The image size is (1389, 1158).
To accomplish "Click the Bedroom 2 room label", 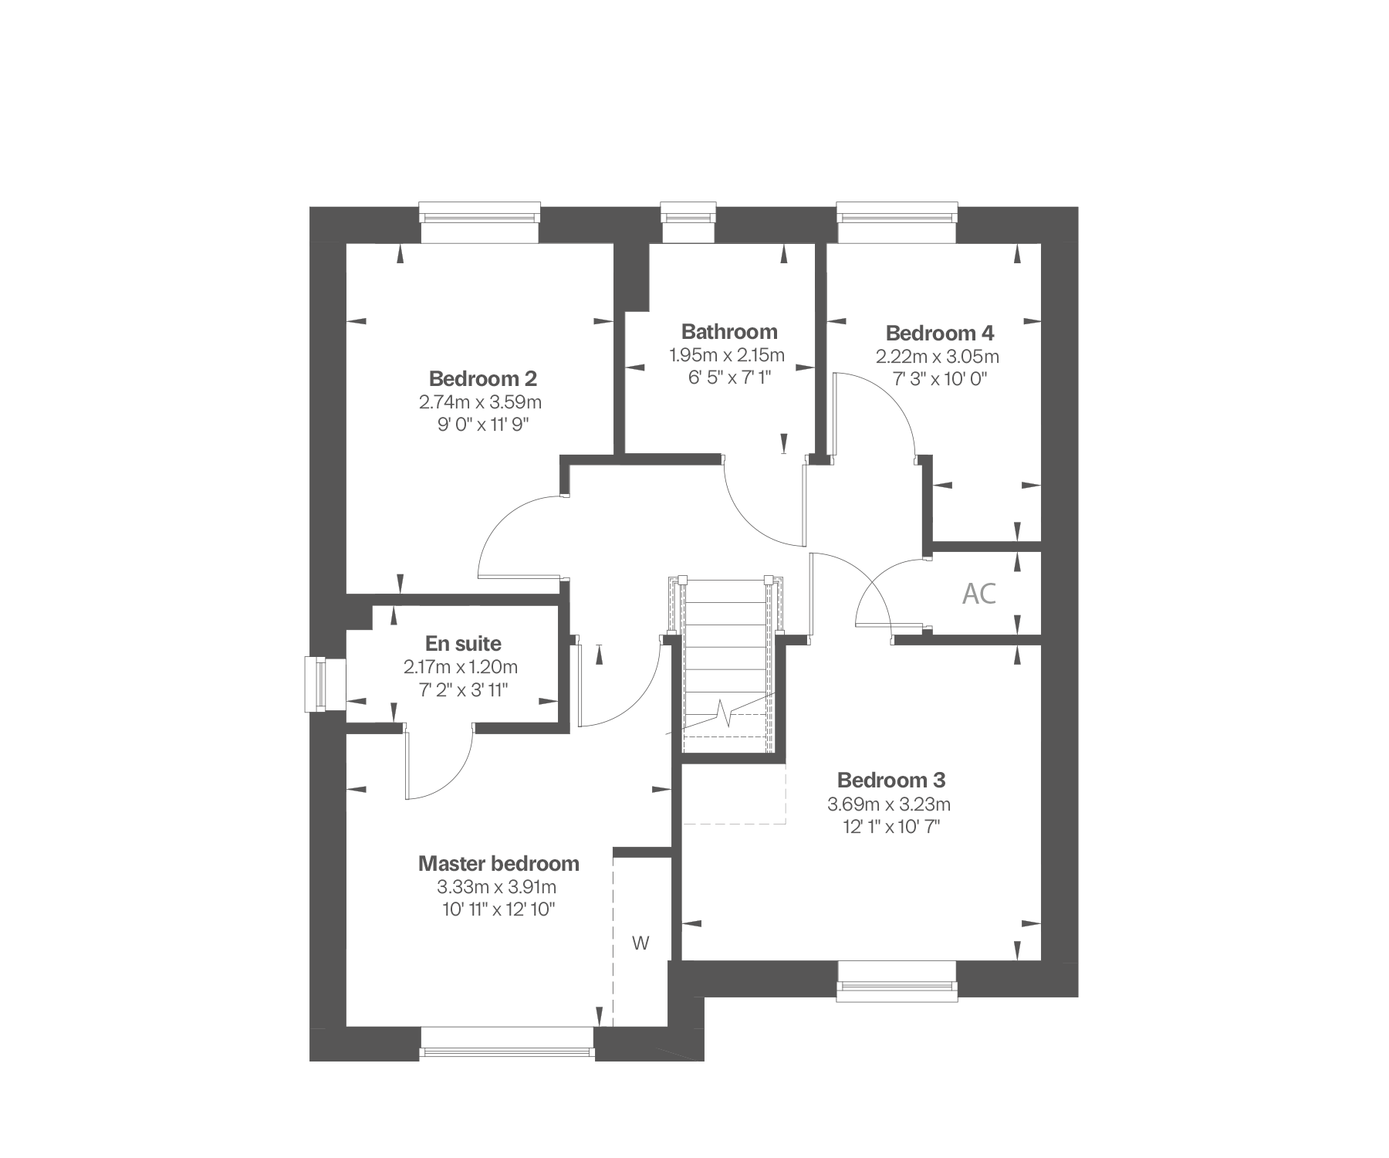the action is (482, 379).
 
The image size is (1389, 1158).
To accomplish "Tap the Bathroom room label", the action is (729, 332).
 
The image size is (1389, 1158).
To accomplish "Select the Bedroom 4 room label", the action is (939, 334).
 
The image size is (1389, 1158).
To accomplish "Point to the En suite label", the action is (463, 644).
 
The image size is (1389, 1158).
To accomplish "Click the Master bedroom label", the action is (498, 863).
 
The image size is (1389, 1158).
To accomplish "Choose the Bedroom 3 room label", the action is (891, 780).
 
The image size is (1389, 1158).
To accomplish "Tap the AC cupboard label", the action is (979, 594).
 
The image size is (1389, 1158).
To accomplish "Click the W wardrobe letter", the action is (640, 943).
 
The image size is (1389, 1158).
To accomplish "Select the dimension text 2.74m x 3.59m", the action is (480, 402).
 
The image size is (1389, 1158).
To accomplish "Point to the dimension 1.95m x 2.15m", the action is (726, 355).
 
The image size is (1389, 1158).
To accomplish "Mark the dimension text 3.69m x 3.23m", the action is (889, 804).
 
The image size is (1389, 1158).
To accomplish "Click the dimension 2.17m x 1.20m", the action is (460, 666).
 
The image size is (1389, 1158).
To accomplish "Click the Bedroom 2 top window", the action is (478, 222).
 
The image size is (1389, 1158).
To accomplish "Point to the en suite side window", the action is (324, 684).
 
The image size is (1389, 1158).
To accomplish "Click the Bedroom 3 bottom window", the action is (897, 982).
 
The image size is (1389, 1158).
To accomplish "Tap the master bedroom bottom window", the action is (509, 1043).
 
